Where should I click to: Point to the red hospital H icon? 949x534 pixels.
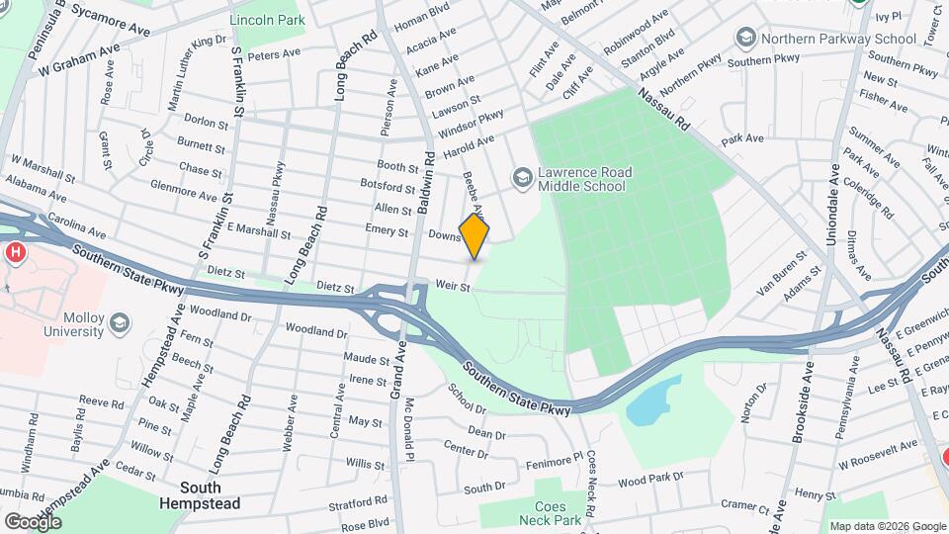click(x=15, y=253)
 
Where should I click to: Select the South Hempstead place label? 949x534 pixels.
click(x=199, y=495)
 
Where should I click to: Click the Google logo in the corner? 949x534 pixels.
click(x=33, y=521)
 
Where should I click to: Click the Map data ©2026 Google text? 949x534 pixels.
click(x=887, y=526)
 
